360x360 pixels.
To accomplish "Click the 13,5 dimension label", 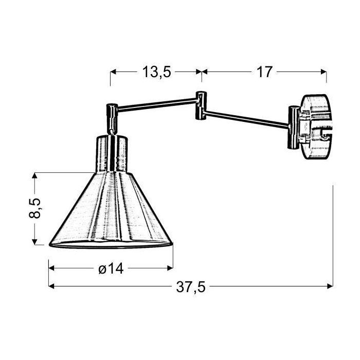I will (x=156, y=73).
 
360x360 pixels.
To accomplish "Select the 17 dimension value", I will (x=264, y=73).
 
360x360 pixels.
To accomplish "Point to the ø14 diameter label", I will (x=110, y=268).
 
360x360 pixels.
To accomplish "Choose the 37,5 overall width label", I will (x=191, y=287).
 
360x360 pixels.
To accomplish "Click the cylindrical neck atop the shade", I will (x=111, y=153).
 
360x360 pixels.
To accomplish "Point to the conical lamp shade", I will (x=111, y=211).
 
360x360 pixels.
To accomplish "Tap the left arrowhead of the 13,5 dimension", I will (x=113, y=73).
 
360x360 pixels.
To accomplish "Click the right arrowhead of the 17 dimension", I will (x=324, y=73).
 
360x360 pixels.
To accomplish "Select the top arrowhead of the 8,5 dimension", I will (x=35, y=176).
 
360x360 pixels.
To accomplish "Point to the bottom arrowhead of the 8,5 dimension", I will (x=35, y=242).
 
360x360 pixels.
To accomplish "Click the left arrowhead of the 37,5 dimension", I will (x=51, y=287).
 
